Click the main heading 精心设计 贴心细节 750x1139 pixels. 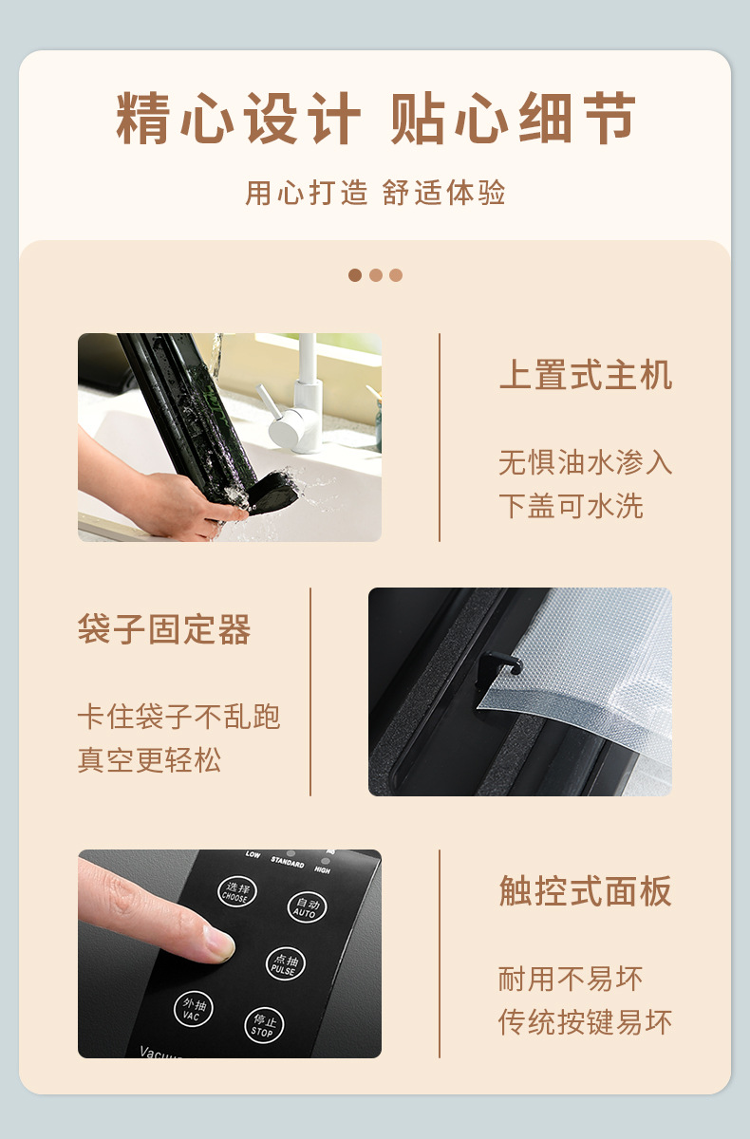tap(375, 119)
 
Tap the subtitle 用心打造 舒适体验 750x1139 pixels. tap(375, 193)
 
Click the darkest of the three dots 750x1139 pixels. tap(355, 275)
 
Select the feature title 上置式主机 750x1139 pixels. tap(586, 375)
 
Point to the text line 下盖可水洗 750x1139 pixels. tap(571, 505)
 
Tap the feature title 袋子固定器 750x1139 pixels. tap(164, 629)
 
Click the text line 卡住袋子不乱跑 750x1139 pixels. tap(179, 717)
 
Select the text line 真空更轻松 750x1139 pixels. tap(149, 759)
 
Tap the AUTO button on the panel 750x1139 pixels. tap(307, 907)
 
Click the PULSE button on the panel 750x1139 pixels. tap(285, 963)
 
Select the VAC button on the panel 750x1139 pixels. tap(194, 1008)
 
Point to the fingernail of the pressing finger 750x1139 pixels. tap(220, 943)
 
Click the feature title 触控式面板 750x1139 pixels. tap(586, 891)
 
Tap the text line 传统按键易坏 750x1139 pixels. tap(586, 1021)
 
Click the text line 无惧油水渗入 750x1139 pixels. tap(586, 462)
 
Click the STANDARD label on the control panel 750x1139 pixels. tap(288, 862)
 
